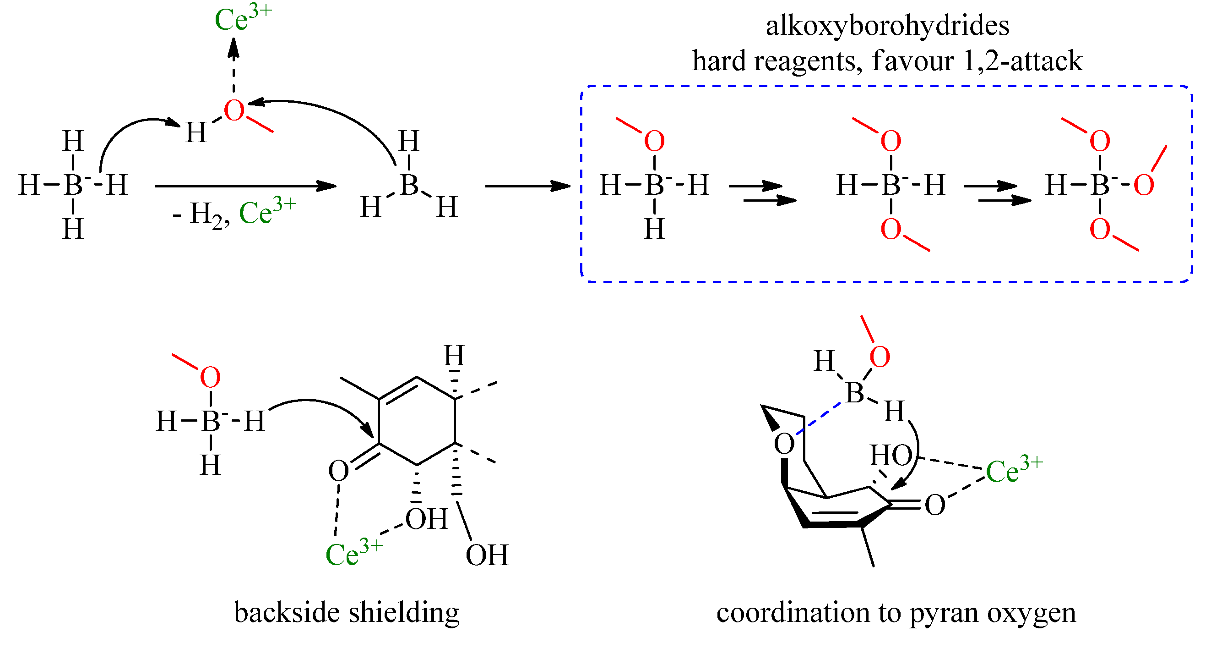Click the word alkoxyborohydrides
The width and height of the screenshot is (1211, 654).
[887, 25]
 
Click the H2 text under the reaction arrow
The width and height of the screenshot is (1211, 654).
[205, 214]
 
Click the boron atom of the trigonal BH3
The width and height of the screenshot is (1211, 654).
[409, 184]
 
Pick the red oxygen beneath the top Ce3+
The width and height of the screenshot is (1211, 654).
[234, 111]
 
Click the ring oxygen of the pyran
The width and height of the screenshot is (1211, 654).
[784, 444]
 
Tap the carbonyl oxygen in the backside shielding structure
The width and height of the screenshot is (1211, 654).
[338, 471]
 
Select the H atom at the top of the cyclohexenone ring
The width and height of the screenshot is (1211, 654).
[454, 356]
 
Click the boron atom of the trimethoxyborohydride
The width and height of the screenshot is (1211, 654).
[1100, 184]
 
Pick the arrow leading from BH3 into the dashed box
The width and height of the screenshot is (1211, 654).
[527, 187]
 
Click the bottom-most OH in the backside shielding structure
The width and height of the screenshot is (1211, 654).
[487, 555]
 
